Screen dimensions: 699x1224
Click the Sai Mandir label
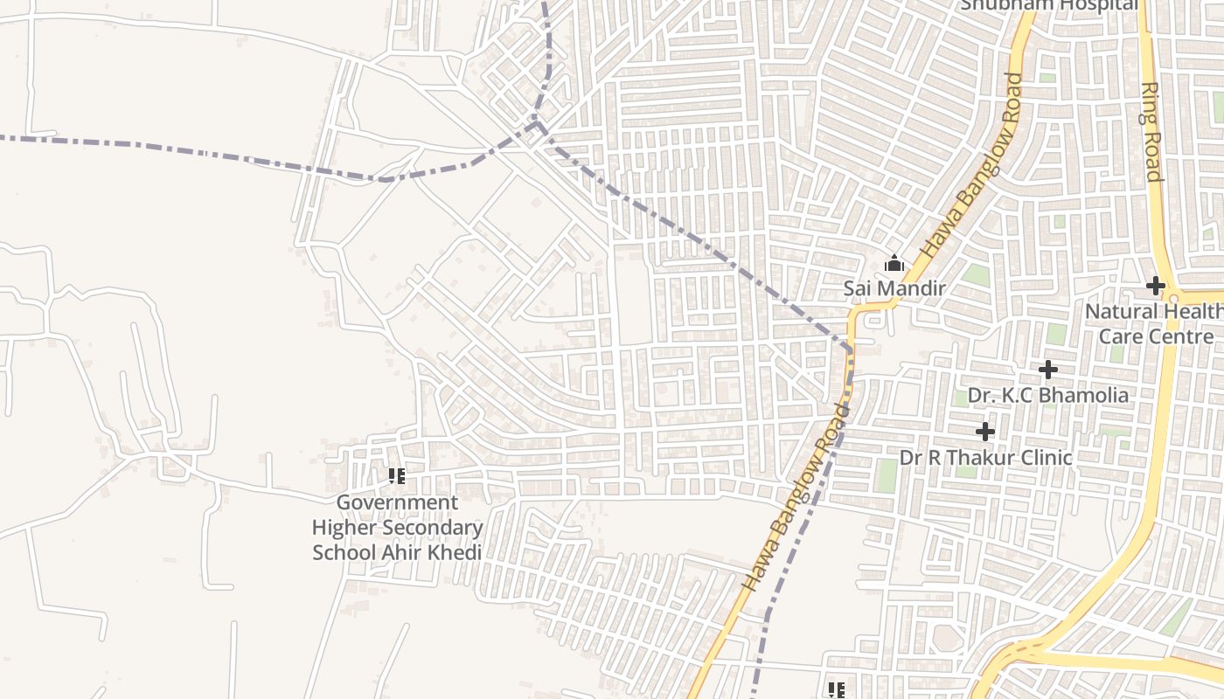(894, 287)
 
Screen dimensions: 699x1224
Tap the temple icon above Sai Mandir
(894, 263)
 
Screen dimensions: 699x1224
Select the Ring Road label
(1151, 131)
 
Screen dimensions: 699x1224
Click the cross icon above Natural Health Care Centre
(1156, 286)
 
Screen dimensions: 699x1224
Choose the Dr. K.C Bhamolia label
(1047, 395)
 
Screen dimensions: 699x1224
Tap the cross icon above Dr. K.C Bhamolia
(1047, 370)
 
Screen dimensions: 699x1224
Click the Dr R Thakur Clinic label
(985, 457)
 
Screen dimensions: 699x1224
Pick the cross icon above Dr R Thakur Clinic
(985, 432)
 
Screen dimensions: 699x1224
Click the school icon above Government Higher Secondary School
(397, 476)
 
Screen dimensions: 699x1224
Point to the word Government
(397, 502)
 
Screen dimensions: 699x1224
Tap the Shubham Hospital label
(1049, 5)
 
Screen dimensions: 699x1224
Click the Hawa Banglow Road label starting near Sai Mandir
(971, 163)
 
